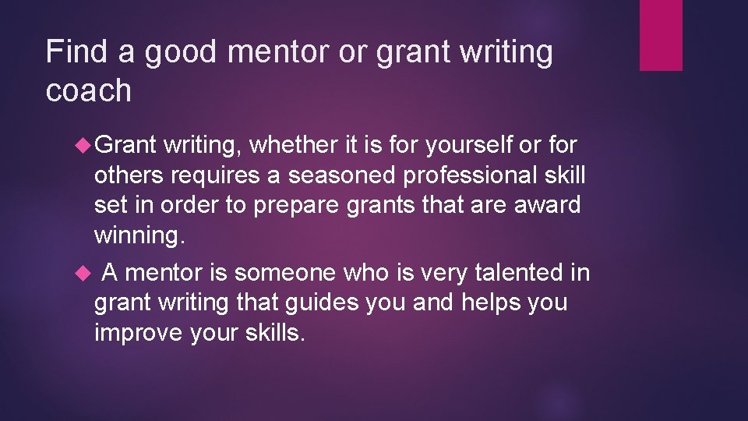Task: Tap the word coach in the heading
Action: click(89, 90)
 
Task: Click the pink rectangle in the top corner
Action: click(661, 35)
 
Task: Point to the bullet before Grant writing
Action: click(85, 143)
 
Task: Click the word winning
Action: click(139, 234)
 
